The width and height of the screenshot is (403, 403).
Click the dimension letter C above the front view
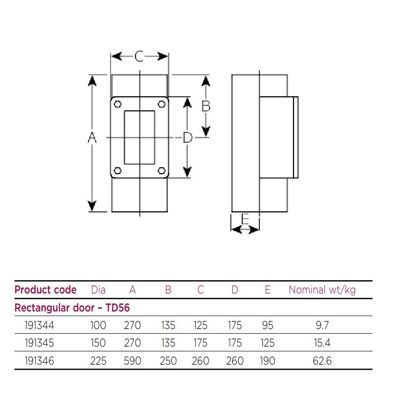pos(139,56)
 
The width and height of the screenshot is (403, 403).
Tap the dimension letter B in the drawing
pos(206,106)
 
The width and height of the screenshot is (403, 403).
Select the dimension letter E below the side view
pos(245,219)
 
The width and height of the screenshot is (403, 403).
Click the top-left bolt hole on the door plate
pos(118,105)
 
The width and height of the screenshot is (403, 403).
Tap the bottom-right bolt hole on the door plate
pos(161,171)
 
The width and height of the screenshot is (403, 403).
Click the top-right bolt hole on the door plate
pos(161,105)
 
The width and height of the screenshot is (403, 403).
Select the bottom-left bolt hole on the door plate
pos(118,171)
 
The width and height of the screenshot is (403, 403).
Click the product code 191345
pos(39,343)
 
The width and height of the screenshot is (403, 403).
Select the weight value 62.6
pos(322,361)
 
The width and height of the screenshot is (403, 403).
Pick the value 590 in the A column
pos(132,361)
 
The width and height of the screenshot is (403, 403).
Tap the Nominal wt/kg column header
pos(322,290)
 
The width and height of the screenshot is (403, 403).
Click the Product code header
pos(46,290)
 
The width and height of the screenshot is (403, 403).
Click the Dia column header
pos(98,290)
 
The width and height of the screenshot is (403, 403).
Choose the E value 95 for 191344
pos(267,325)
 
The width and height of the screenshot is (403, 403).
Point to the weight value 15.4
pos(322,343)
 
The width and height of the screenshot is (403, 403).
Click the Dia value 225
pos(98,361)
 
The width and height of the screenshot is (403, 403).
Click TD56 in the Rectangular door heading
pos(118,308)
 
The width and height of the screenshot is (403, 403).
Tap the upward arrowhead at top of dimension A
pos(92,80)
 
